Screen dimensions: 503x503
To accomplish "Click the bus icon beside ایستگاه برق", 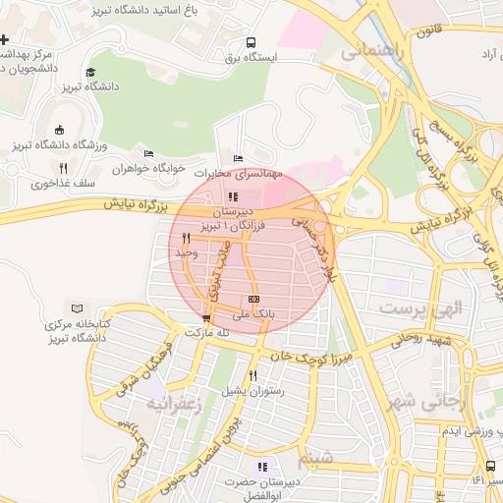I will point(251,43).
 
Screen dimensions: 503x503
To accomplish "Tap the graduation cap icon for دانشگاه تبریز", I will point(90,72).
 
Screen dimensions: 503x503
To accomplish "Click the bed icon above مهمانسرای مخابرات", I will point(238,158).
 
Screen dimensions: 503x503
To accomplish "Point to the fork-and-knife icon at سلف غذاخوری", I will point(64,168).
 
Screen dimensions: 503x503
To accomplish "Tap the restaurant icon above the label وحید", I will point(185,238).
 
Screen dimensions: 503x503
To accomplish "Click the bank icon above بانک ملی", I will point(253,299).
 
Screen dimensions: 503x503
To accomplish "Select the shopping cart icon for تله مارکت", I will point(205,318).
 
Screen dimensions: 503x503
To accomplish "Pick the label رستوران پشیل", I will point(254,390).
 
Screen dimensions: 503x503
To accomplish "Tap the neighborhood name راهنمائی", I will point(371,52).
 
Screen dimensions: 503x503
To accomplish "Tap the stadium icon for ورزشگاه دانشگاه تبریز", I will point(59,130).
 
